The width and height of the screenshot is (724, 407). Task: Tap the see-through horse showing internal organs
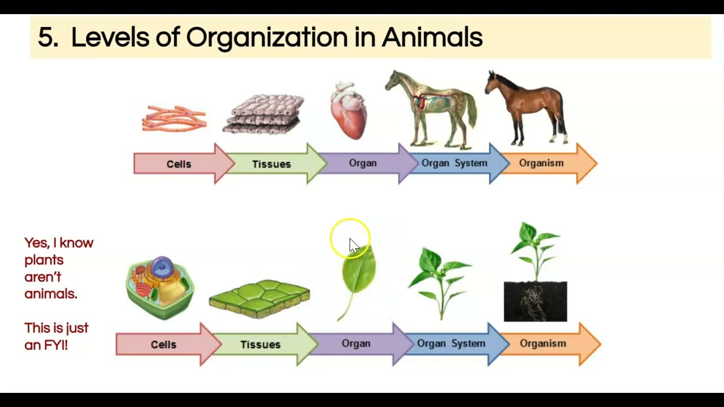point(433,107)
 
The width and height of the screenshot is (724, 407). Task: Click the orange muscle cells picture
point(174,119)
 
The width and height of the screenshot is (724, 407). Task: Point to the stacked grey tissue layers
point(264,114)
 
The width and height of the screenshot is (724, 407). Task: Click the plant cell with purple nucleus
point(160,287)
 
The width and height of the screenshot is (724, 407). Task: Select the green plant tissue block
point(259,298)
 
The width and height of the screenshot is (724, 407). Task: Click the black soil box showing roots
point(535,302)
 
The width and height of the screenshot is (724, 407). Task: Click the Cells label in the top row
point(179,164)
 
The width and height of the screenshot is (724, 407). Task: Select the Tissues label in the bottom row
point(260,344)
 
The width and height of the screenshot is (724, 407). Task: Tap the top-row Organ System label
point(454,163)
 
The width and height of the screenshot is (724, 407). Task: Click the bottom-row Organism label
point(542,344)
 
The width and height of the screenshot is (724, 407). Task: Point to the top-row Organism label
point(541,163)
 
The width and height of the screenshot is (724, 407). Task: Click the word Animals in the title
point(432,38)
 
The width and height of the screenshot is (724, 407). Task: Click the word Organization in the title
point(267,38)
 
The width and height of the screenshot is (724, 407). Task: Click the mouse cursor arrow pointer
point(354,245)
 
